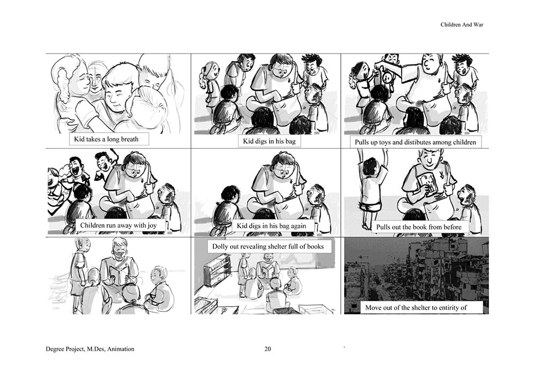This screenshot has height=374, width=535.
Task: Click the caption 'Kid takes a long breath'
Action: pos(106,139)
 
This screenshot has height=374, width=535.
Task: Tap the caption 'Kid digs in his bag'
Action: pos(269,141)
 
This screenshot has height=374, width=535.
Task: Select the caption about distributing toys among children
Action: pos(415,142)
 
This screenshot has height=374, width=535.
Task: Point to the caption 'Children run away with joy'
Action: pos(118,225)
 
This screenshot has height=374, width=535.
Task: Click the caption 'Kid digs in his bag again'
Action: pos(271,225)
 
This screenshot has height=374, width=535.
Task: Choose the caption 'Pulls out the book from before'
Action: pos(419,227)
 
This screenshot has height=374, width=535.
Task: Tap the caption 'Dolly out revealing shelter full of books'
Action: pos(268,246)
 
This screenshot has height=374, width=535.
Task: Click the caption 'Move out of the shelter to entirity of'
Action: pos(416,308)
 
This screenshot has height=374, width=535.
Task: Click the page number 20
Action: pos(268,349)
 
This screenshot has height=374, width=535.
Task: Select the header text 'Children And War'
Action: pos(462,25)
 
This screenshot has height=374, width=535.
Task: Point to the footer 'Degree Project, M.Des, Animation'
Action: pos(90,349)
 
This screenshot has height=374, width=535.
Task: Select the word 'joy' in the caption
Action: pos(152,225)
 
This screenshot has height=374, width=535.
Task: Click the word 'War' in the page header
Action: pos(478,25)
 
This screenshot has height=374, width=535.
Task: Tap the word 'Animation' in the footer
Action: pos(121,349)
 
